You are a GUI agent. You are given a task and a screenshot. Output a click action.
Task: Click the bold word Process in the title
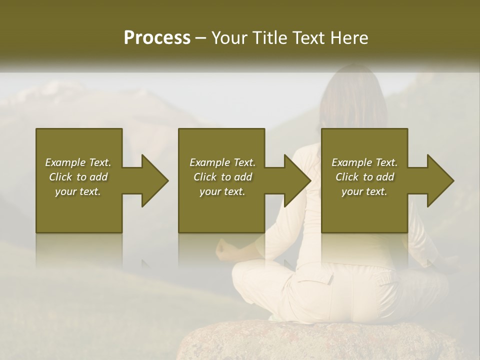pos(157,38)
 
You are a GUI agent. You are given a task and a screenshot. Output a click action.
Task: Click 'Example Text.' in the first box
pos(78,162)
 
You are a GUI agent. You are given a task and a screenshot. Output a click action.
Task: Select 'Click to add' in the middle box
pos(222,177)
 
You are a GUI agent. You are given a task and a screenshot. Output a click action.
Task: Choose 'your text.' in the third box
pos(364,191)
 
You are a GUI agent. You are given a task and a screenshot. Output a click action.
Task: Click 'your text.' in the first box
pos(78,191)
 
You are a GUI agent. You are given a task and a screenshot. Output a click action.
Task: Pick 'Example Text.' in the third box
pos(364,162)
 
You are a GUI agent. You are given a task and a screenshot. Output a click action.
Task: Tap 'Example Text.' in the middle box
pos(222,162)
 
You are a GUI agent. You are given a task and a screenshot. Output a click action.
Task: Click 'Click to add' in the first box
pos(78,177)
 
